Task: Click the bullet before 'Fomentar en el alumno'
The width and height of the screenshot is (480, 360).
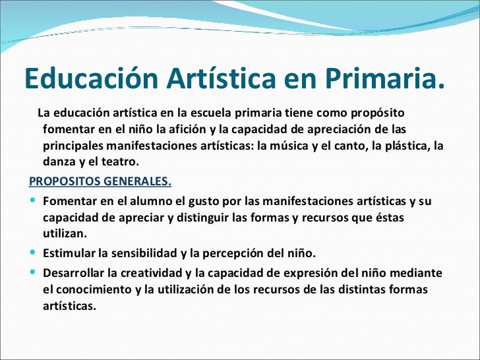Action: tap(33, 200)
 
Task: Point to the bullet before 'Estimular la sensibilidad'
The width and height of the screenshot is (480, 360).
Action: tap(33, 253)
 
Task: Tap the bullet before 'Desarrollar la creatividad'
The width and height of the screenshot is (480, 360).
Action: tap(33, 272)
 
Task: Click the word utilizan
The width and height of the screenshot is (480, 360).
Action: tap(63, 234)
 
